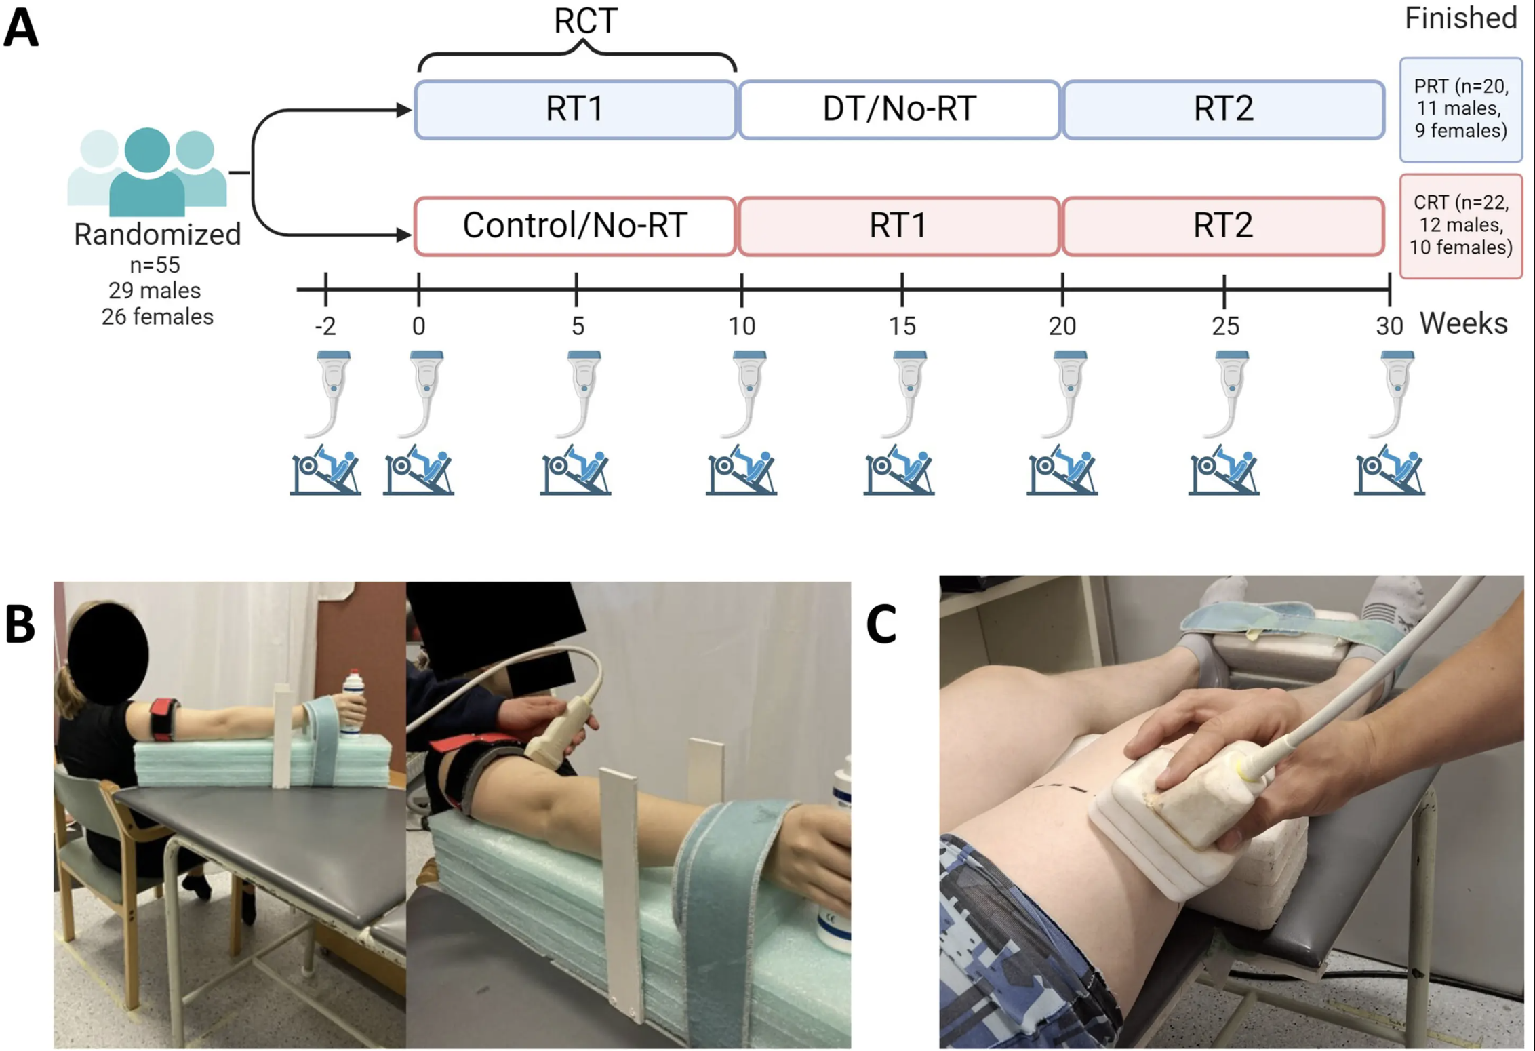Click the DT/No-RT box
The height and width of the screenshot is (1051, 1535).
pos(899,109)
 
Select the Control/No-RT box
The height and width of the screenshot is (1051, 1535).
pos(575,226)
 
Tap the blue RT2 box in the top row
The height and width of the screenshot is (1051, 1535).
pos(1223,109)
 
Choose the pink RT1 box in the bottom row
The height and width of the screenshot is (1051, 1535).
pos(898,226)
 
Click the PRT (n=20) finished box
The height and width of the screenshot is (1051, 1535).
pos(1461,109)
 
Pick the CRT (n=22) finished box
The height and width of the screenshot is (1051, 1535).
pos(1461,226)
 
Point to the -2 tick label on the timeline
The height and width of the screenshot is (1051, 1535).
pos(325,327)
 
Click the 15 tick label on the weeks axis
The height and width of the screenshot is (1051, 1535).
pos(902,327)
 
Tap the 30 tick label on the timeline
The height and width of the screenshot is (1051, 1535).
pos(1389,327)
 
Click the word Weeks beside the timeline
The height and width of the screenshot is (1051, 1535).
pos(1464,323)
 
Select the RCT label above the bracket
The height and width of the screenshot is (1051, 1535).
pos(585,21)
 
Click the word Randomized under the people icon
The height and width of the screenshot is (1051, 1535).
pos(157,235)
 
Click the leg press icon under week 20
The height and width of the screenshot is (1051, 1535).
pos(1062,471)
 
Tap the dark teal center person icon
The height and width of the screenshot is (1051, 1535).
pos(147,173)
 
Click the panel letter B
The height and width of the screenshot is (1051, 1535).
pos(20,624)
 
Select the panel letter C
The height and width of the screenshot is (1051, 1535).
pos(881,624)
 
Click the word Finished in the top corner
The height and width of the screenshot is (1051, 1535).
pos(1460,18)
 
